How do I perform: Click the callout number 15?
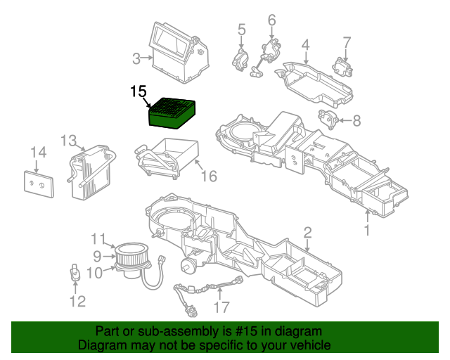pyautogui.click(x=139, y=91)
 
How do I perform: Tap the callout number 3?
pyautogui.click(x=136, y=58)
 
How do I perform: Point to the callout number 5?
pyautogui.click(x=241, y=30)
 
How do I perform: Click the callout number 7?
pyautogui.click(x=346, y=41)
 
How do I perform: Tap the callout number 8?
pyautogui.click(x=356, y=121)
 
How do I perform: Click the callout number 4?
pyautogui.click(x=305, y=46)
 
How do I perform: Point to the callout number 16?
pyautogui.click(x=209, y=176)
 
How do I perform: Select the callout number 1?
pyautogui.click(x=366, y=231)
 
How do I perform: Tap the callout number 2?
pyautogui.click(x=307, y=233)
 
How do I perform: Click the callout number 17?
pyautogui.click(x=221, y=307)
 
